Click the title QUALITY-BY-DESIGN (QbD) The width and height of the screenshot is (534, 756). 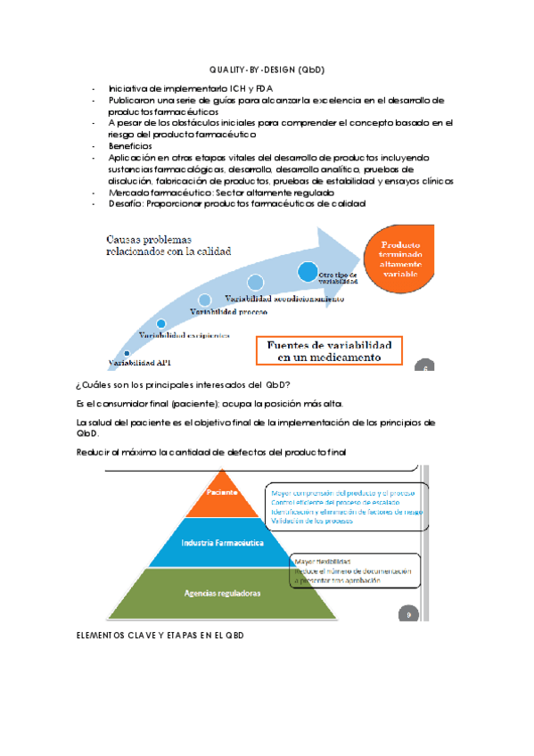click(x=267, y=70)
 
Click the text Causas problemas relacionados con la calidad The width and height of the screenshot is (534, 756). click(x=168, y=245)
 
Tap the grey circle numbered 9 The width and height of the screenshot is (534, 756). click(x=408, y=613)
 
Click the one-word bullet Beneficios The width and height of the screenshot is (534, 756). click(x=130, y=146)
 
